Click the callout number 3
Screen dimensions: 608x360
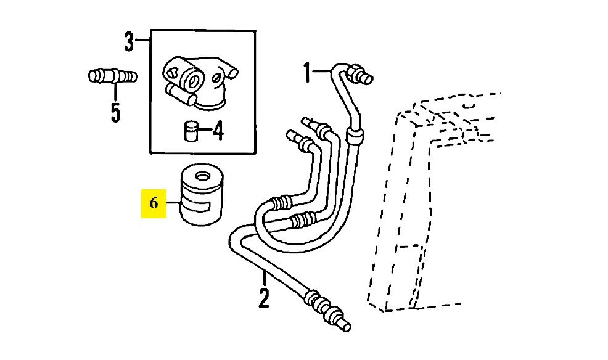point(129,42)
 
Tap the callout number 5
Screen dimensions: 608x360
point(115,112)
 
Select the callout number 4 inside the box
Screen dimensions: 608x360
point(218,130)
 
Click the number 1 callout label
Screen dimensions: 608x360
point(307,73)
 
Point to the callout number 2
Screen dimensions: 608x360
point(264,298)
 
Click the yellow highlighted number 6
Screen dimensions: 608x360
point(154,203)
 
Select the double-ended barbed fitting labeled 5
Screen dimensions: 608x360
point(112,76)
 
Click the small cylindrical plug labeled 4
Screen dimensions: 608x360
point(191,131)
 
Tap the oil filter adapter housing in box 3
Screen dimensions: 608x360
point(199,82)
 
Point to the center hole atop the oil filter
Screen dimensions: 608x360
point(202,178)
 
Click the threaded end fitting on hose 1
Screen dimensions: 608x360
point(360,75)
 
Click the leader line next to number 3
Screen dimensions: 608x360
point(142,39)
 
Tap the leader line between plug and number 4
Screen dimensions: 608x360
point(205,131)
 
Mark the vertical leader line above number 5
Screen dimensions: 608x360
point(115,92)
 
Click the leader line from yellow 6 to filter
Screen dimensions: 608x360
point(174,202)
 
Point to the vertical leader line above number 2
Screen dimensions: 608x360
point(265,279)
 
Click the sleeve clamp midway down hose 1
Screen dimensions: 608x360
point(355,134)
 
